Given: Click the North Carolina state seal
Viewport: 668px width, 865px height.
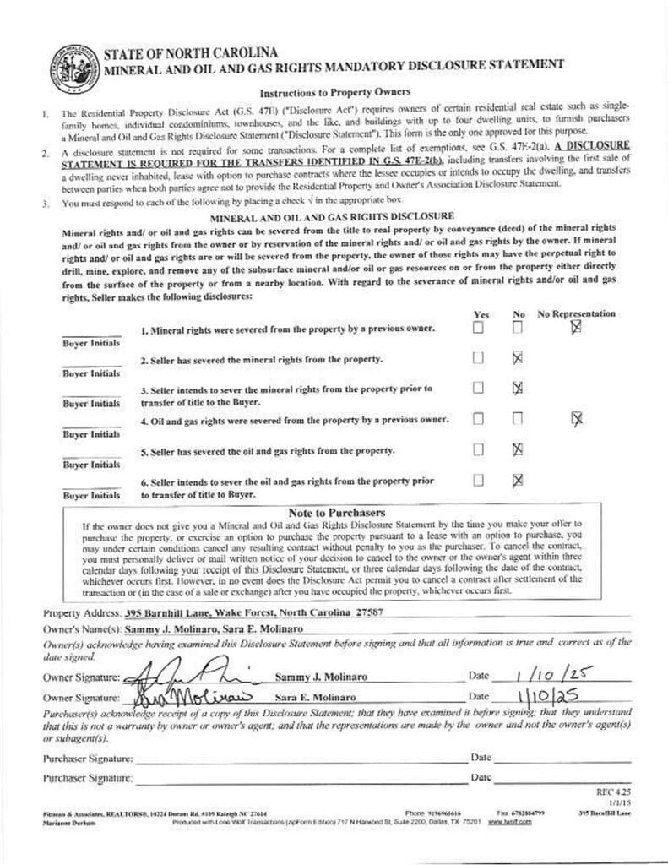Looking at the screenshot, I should click(73, 66).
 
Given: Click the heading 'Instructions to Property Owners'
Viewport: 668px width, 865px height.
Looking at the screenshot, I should click(334, 91).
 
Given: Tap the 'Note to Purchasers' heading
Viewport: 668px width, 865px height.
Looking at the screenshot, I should click(337, 513).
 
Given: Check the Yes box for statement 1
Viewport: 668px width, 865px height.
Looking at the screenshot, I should click(478, 328).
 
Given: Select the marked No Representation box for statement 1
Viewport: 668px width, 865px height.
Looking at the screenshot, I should click(576, 327).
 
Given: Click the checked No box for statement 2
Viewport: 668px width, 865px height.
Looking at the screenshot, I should click(518, 358).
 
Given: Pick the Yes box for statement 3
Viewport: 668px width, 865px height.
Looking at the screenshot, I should click(478, 388).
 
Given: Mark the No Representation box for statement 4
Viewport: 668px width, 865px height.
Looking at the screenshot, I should click(577, 418).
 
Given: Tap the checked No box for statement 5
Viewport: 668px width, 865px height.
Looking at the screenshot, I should click(518, 449).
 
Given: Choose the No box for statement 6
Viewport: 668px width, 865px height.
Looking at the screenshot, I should click(518, 480).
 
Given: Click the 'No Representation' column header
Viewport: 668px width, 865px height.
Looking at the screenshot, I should click(577, 313).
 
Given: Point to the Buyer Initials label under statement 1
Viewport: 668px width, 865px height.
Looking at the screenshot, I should click(91, 344).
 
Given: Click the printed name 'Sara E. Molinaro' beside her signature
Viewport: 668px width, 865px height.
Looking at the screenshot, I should click(315, 698).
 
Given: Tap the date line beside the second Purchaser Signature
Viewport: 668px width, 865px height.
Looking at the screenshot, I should click(562, 777).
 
